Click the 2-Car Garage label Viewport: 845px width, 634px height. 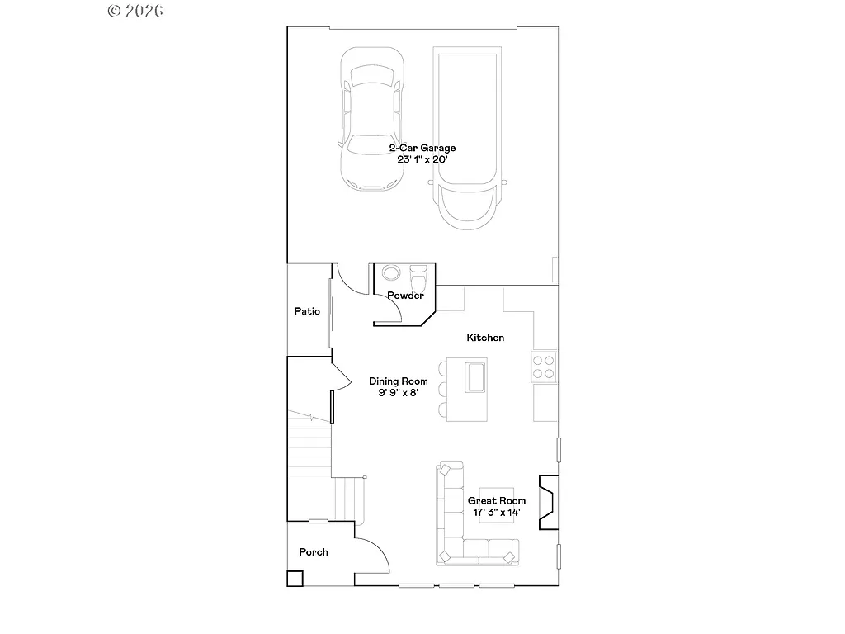(x=422, y=148)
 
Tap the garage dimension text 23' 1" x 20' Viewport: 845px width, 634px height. (x=422, y=159)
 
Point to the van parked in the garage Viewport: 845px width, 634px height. (x=467, y=136)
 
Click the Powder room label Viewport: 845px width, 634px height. (x=405, y=296)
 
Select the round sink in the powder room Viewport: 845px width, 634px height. (x=389, y=272)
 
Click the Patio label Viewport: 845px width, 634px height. (x=307, y=311)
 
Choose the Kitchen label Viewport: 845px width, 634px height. (x=485, y=338)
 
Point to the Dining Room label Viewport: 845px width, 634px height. (x=398, y=381)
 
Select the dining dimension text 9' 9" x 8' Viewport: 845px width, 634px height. (x=398, y=393)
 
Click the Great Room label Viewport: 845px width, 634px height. (x=497, y=501)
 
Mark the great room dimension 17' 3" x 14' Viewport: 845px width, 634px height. (x=497, y=513)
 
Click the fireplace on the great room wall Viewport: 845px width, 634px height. (x=548, y=501)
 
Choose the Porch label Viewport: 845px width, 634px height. (x=314, y=552)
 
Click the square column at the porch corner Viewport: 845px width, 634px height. (x=295, y=579)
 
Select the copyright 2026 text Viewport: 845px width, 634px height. (x=135, y=11)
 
